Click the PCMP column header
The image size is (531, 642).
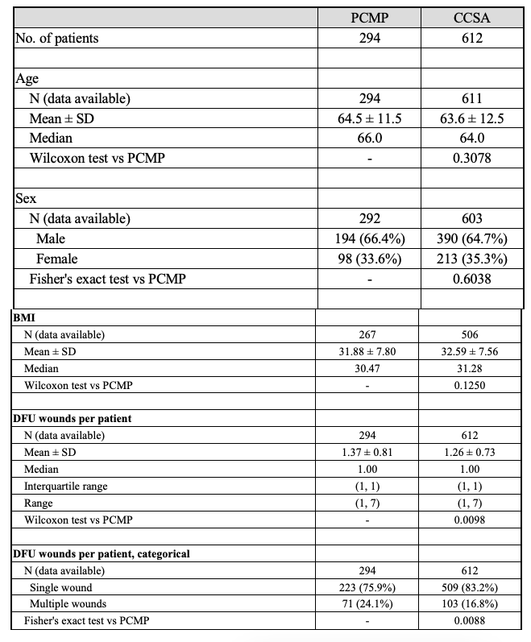click(369, 17)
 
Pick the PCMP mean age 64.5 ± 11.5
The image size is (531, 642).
click(369, 119)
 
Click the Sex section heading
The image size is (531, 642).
click(26, 198)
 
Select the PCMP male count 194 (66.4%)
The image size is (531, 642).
click(369, 239)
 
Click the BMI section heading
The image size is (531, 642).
click(23, 318)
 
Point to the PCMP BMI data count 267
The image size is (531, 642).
click(369, 334)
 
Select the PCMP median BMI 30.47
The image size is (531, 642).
click(369, 368)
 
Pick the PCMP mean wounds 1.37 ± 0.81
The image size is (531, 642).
click(369, 452)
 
